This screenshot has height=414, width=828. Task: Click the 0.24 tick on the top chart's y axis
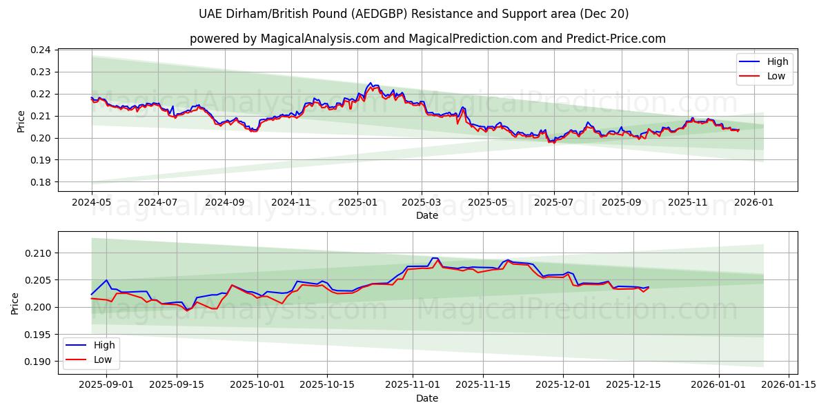(42, 50)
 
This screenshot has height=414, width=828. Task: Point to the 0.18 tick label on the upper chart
(42, 182)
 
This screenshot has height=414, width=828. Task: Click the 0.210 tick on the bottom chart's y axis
(39, 253)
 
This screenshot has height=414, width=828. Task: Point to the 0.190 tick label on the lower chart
(39, 362)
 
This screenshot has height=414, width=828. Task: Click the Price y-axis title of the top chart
(21, 121)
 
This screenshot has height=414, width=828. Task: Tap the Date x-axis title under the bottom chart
(427, 398)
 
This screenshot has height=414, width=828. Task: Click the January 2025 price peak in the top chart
(371, 83)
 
